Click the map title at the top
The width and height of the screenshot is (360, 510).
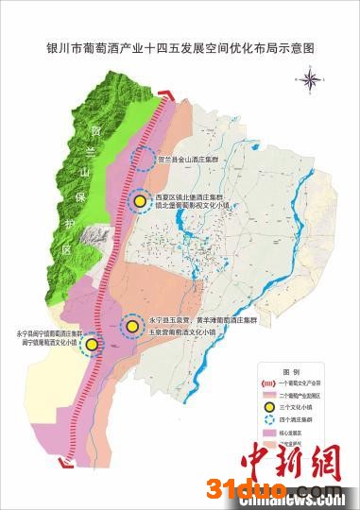click(180, 44)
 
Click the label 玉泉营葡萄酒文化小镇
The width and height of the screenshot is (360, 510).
click(183, 334)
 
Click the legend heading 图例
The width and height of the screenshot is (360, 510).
click(290, 371)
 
